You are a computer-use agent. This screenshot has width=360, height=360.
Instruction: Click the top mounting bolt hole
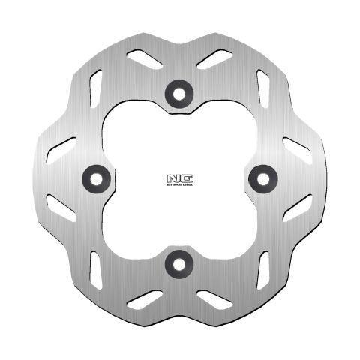(x=178, y=90)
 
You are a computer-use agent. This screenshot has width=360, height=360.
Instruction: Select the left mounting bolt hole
(x=92, y=176)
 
